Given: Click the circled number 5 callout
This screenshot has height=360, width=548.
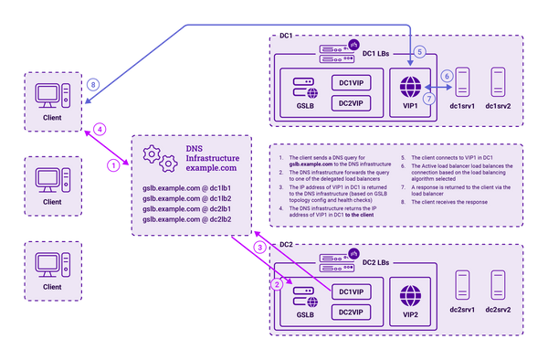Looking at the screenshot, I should pos(418,52).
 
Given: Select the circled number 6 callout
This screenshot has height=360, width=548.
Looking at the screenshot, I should pos(447,76).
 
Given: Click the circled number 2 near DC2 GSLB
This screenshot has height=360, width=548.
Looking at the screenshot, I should pos(277,285).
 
